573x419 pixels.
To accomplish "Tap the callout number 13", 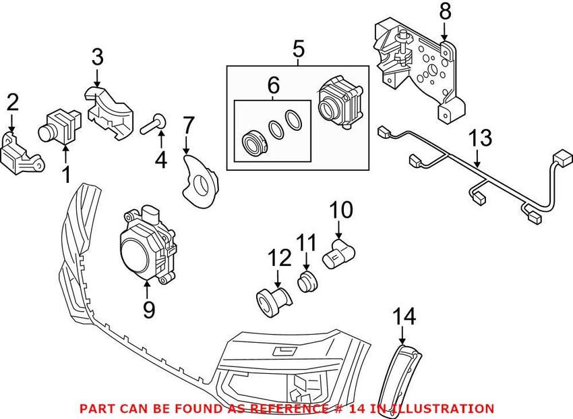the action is point(480,138).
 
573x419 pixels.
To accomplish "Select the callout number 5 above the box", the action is point(298,49).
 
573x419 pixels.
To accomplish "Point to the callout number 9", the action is point(149,309).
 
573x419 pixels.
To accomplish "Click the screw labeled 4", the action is point(154,124).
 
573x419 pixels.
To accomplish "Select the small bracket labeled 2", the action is point(22,154).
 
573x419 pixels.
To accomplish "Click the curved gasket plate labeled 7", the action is point(200,181).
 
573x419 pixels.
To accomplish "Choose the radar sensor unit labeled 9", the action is point(148,245).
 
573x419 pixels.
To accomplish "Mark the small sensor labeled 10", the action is point(339,254).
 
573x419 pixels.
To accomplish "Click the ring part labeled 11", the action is point(307,281).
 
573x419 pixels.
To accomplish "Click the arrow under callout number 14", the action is point(402,335).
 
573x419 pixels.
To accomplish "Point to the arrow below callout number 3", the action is point(97,78).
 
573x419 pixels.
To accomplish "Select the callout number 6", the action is point(273,85).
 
